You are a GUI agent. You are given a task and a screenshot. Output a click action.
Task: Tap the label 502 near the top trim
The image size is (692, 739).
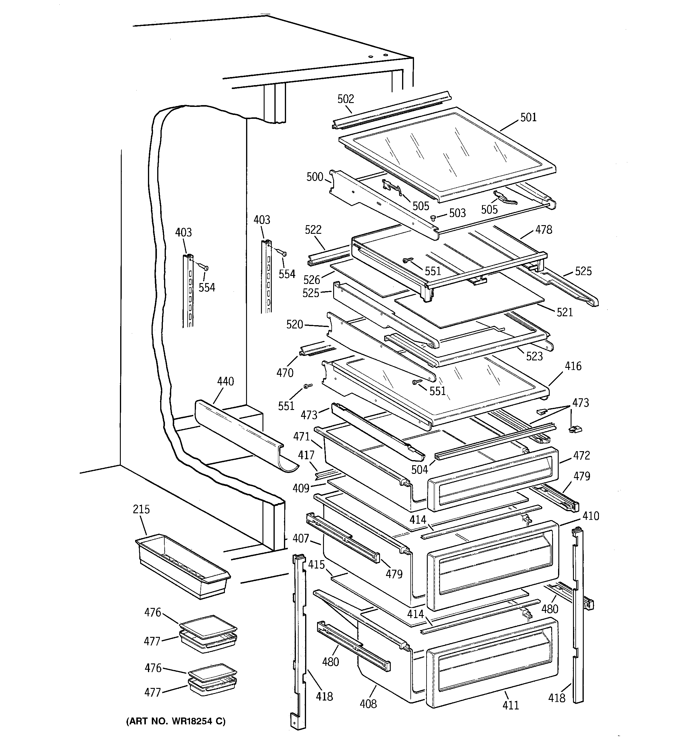tap(345, 99)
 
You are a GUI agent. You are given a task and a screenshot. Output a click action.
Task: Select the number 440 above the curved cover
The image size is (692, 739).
tap(225, 381)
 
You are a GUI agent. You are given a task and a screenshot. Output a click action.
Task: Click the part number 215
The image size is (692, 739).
tap(141, 509)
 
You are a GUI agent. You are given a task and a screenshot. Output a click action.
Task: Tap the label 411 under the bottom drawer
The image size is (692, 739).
tap(510, 705)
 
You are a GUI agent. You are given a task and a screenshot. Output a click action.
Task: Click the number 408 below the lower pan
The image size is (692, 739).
tap(368, 704)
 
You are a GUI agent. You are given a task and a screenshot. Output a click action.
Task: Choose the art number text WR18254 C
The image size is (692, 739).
tap(176, 721)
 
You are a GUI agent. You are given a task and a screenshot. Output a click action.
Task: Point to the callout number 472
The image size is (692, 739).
tap(581, 455)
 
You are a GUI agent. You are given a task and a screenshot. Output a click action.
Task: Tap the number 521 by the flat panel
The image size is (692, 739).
tap(565, 312)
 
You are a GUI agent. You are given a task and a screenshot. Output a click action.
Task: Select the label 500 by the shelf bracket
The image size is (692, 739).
tap(315, 177)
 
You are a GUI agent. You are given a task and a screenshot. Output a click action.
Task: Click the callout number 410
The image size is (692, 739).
tap(591, 516)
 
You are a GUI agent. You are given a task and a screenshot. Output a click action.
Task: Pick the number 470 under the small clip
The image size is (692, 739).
tap(285, 373)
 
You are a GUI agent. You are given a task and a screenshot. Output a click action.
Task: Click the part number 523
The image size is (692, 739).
tap(534, 357)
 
